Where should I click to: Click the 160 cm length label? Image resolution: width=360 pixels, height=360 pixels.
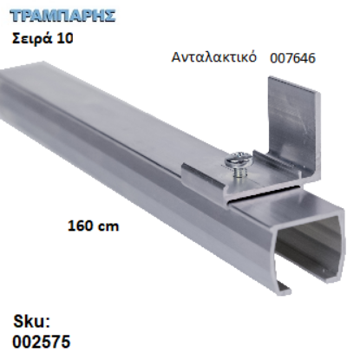[93, 226]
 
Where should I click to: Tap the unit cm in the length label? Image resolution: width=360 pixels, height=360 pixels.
[108, 226]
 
